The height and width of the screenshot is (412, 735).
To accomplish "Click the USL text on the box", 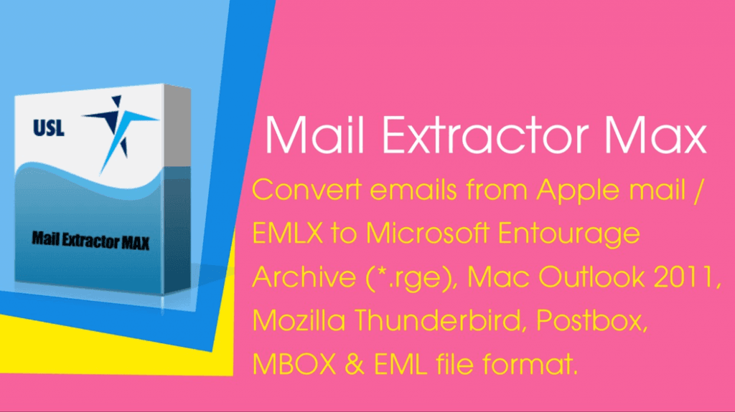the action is coord(49,128).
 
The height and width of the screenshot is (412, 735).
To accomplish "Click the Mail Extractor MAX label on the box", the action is coord(90,241).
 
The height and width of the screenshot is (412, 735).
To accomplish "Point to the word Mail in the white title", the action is coord(314,135).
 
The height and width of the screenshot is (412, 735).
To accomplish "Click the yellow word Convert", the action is coord(307,190).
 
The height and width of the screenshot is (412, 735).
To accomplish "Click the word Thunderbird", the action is coord(437,320).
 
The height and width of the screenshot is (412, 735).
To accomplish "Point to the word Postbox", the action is coord(591,321).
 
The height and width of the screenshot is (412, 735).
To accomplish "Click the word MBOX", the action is coord(294,364).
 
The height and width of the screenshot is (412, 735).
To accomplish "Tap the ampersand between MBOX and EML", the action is coord(355,364).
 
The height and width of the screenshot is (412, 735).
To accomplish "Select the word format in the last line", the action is coord(529,364).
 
